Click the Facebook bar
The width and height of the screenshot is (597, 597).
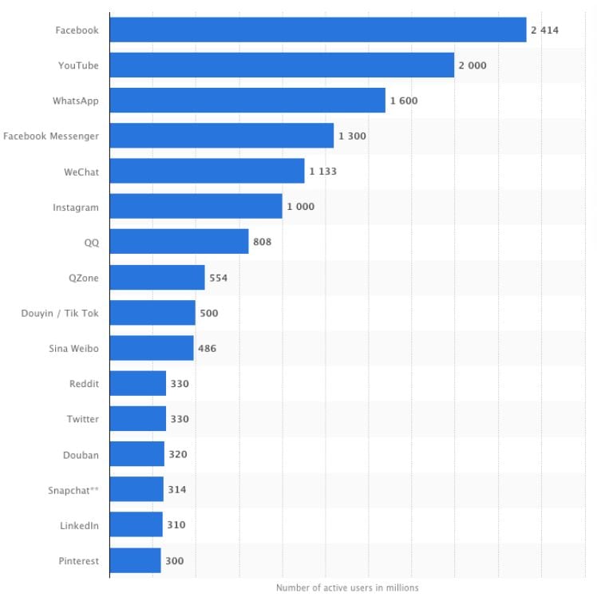(318, 30)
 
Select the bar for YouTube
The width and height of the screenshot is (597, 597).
(282, 65)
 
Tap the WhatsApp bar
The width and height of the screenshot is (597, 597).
(247, 101)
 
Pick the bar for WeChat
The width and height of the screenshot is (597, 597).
(207, 172)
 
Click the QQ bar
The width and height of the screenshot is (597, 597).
(179, 242)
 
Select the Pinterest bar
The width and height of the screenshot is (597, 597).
(135, 560)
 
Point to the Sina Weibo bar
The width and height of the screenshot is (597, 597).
(152, 348)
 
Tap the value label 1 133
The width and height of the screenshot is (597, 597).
(323, 172)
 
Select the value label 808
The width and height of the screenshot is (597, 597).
(263, 242)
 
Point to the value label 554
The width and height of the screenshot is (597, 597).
(219, 278)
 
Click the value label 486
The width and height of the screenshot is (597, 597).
(207, 348)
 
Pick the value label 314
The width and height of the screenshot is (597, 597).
(176, 489)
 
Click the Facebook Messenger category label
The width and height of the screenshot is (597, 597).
(51, 136)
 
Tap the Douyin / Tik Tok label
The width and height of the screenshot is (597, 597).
(60, 313)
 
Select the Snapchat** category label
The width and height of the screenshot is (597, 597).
(73, 489)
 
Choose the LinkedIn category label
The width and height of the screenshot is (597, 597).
(79, 525)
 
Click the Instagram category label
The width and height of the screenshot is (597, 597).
(76, 207)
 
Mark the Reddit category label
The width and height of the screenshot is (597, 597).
(84, 384)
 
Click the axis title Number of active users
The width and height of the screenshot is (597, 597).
(347, 587)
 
